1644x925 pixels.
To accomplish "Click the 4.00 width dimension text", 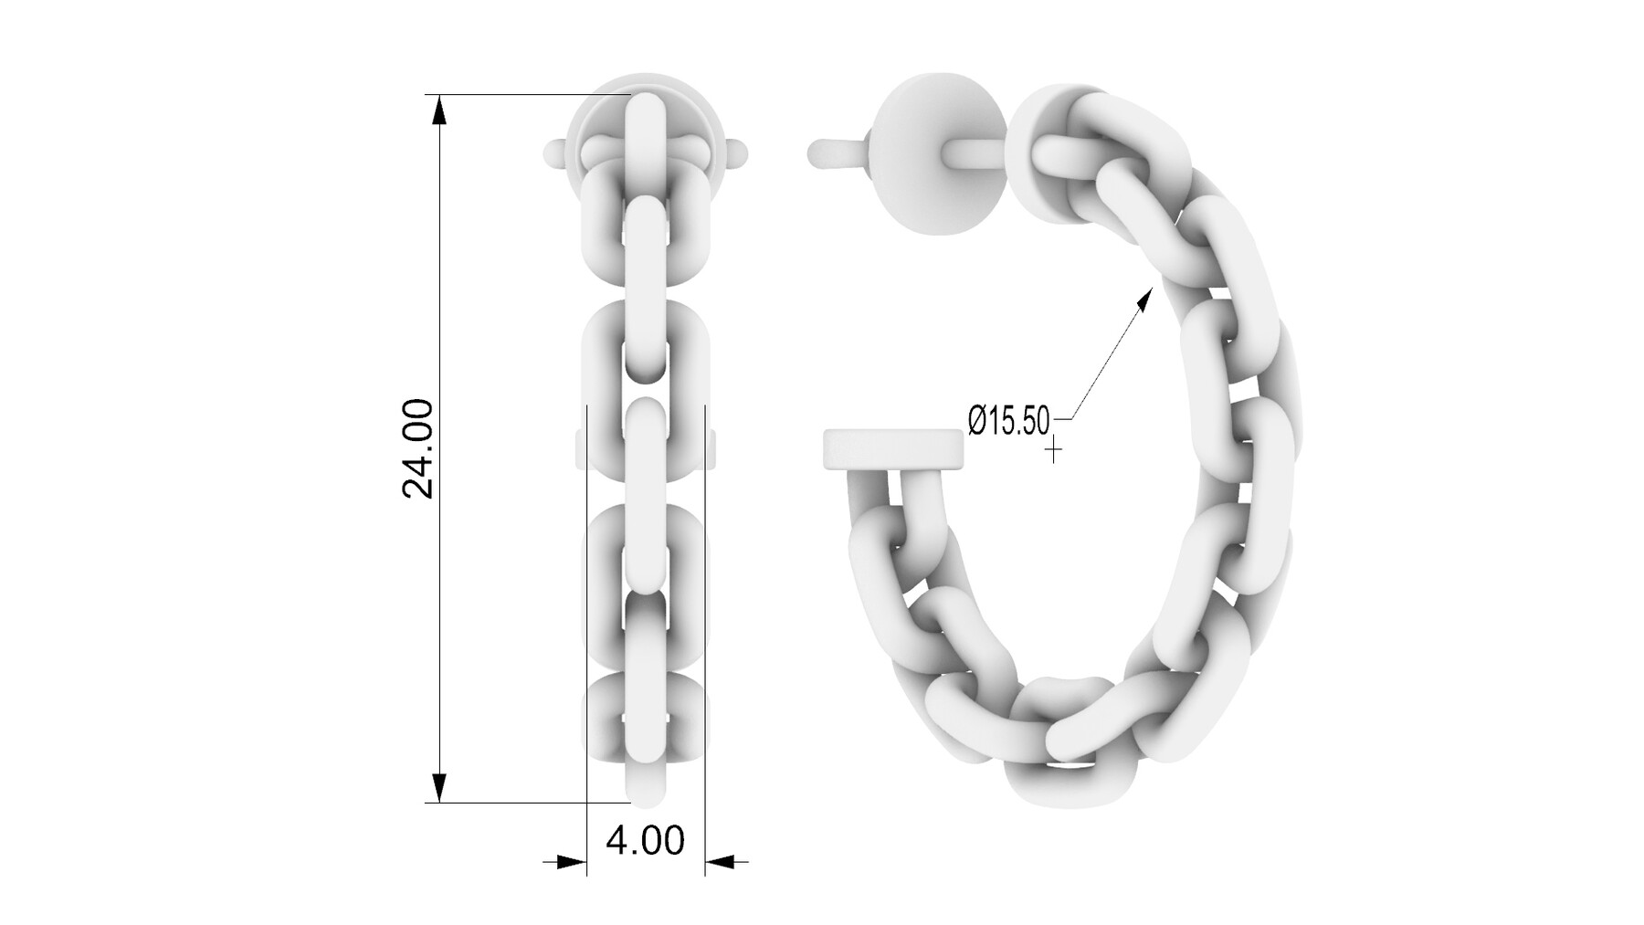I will [645, 840].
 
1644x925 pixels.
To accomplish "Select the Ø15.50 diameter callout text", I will [1008, 421].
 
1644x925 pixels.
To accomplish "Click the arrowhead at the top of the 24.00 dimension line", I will [439, 110].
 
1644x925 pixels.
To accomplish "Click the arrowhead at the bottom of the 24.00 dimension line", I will [439, 787].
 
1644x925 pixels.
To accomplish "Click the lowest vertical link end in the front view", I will [646, 785].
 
